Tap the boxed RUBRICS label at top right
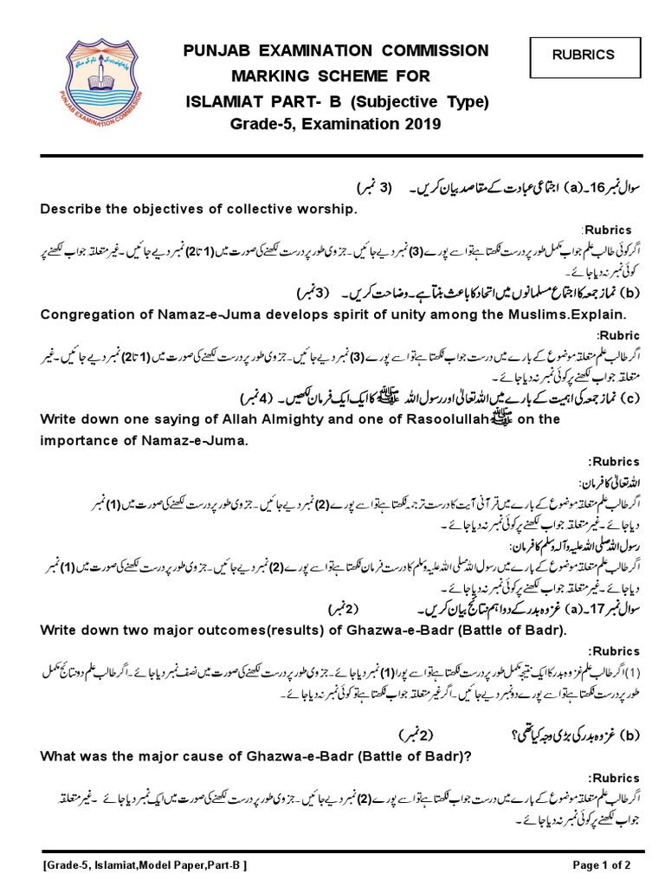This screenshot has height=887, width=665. tap(584, 55)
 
